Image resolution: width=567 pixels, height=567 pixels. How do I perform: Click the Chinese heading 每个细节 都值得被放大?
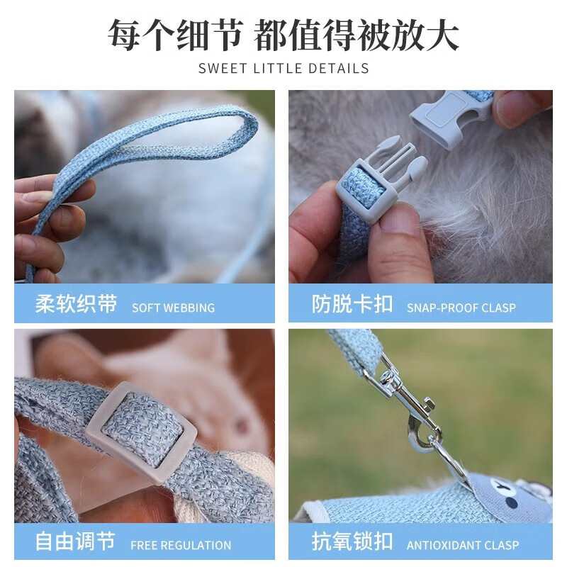coord(283,34)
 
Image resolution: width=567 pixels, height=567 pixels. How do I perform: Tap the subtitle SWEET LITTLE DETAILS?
coord(283,69)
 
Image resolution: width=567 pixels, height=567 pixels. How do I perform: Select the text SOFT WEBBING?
coord(173,308)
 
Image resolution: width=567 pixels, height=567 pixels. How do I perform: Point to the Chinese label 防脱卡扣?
coord(352,305)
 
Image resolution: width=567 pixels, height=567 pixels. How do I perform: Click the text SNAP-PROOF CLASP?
coord(461,308)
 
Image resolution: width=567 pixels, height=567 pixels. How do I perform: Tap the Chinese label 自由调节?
coord(75,542)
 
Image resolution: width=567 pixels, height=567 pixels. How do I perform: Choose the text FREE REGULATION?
coord(181,546)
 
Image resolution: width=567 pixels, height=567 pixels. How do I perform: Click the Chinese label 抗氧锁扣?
coord(352,542)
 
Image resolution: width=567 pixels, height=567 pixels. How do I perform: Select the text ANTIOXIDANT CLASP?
coord(462,546)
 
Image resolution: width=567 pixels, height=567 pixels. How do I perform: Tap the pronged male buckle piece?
coord(383,177)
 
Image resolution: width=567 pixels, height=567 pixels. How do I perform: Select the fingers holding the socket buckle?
coord(521,106)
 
